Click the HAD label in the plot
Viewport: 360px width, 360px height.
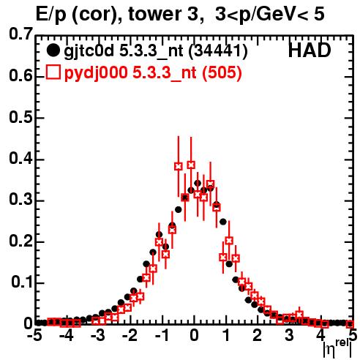(310, 50)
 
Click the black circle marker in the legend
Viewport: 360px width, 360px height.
(53, 50)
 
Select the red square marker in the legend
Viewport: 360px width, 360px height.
(53, 72)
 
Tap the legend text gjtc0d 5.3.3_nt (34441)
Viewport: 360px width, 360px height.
(156, 51)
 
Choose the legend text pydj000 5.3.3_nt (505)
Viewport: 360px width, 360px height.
(153, 73)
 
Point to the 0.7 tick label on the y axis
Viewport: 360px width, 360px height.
(20, 34)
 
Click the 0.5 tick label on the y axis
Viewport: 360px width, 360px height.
(20, 117)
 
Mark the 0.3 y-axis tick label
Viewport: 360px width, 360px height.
(20, 200)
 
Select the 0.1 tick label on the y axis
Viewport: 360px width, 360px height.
(21, 282)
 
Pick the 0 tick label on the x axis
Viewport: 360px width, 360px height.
(194, 336)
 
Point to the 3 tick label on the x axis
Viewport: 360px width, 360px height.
(289, 336)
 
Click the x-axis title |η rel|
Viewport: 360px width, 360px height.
(337, 348)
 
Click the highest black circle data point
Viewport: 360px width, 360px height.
(198, 183)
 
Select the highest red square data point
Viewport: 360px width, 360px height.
(191, 165)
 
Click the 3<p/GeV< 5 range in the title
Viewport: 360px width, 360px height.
(270, 15)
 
